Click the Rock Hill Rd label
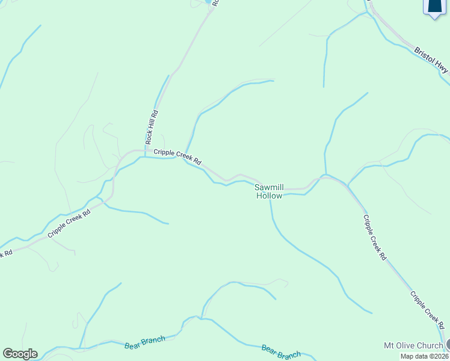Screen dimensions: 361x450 click(155, 126)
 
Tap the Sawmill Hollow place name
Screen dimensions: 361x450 click(270, 191)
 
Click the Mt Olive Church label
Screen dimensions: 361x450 click(413, 345)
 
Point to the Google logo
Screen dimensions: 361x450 click(20, 354)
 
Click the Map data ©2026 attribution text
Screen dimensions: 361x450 click(425, 356)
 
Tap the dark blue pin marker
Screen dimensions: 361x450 click(434, 7)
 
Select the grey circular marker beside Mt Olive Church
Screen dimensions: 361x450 click(448, 345)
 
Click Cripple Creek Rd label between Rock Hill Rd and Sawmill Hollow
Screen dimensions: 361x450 click(177, 157)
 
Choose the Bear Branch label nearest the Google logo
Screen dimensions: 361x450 click(145, 343)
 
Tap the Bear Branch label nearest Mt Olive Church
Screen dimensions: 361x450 click(281, 351)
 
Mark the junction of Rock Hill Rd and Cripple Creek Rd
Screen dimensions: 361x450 click(145, 150)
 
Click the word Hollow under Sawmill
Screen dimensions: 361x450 click(270, 196)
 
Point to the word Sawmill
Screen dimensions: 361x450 click(270, 187)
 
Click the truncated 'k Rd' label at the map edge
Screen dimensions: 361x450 click(6, 253)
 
